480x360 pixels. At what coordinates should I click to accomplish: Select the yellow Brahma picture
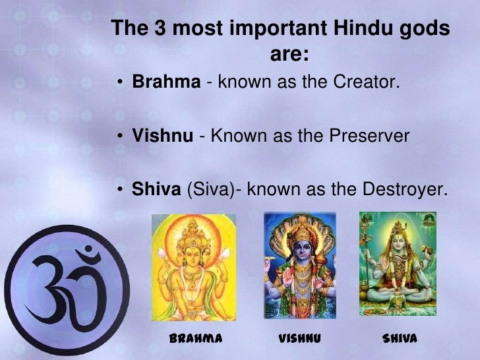(194, 267)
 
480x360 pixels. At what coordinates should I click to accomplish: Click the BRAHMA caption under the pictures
(195, 339)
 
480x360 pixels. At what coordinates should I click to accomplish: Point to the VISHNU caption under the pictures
(299, 339)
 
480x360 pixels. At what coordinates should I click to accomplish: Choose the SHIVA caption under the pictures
(400, 339)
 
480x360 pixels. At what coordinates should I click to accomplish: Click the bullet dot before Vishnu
(122, 137)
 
